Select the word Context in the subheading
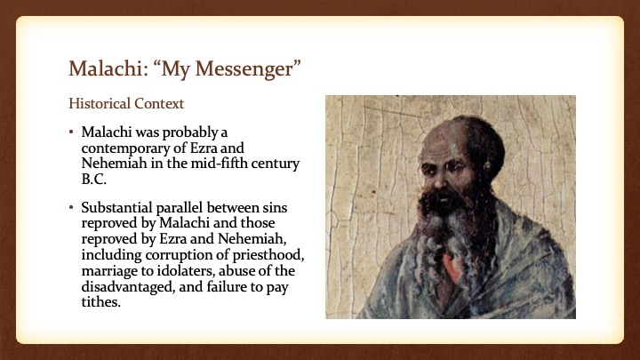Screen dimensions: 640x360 click(159, 104)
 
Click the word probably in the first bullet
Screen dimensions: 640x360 click(187, 132)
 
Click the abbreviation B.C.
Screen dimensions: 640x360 click(94, 180)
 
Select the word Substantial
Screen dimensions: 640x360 click(116, 208)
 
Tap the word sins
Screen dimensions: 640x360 click(275, 208)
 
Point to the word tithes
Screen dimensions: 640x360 click(100, 302)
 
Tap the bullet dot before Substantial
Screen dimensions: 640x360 click(71, 208)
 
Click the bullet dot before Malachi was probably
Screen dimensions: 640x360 click(71, 132)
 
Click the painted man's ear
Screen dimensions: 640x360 click(487, 166)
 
